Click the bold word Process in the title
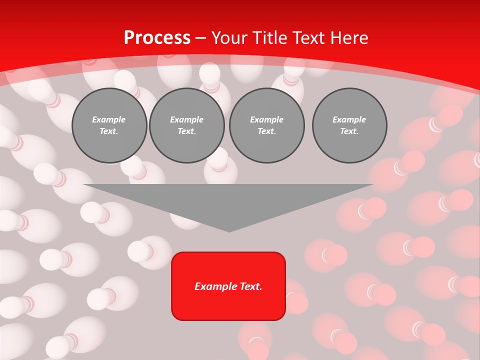click(157, 37)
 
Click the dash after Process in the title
click(200, 38)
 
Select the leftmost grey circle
click(109, 125)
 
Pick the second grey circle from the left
click(187, 125)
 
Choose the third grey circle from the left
click(267, 125)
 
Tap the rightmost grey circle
click(349, 125)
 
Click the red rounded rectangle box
click(228, 300)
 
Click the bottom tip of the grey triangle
click(229, 231)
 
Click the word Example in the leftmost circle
click(109, 119)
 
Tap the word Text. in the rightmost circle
click(349, 131)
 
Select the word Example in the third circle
click(266, 119)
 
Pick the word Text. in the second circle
click(187, 131)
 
